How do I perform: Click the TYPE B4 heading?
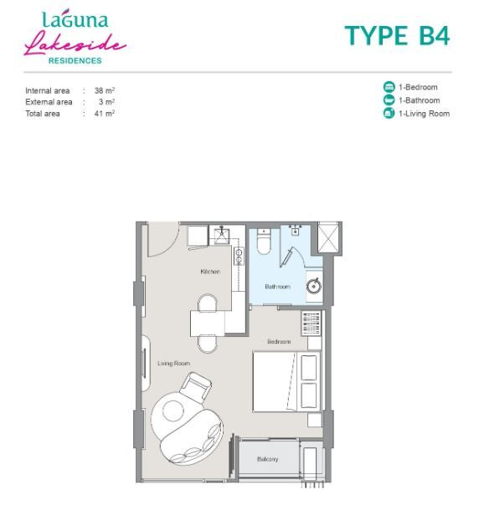[x=397, y=35]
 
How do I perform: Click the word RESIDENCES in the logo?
[x=75, y=60]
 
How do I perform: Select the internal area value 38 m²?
[x=105, y=90]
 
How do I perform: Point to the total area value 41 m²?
[x=105, y=114]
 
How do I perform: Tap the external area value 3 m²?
[x=107, y=102]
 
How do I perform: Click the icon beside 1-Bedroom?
[x=389, y=87]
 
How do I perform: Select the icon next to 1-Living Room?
[x=389, y=113]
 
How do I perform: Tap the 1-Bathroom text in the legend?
[x=419, y=100]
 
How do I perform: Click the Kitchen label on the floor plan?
[x=210, y=271]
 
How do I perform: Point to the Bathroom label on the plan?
[x=278, y=287]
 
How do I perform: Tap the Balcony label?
[x=267, y=459]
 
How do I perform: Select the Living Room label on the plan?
[x=173, y=364]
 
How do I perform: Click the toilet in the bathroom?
[x=264, y=242]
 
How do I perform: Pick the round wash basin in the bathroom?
[x=314, y=286]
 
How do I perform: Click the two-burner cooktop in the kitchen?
[x=239, y=256]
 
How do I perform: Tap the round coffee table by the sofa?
[x=173, y=411]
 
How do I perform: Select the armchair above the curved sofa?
[x=195, y=387]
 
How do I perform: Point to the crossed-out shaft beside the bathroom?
[x=328, y=237]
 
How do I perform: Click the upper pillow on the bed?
[x=308, y=368]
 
